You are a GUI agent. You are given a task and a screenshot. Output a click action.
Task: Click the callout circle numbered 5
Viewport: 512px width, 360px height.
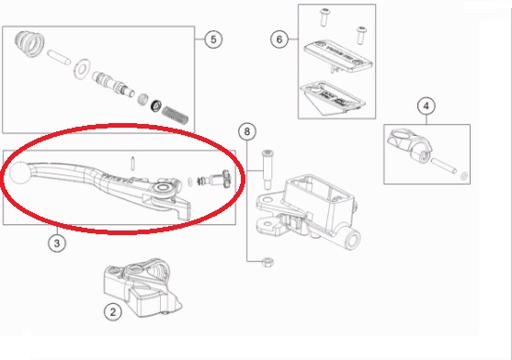(213, 39)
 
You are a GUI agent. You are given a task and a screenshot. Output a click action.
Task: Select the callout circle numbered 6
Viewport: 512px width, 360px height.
(279, 39)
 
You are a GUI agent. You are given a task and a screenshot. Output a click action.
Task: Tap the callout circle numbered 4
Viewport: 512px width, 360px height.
(427, 106)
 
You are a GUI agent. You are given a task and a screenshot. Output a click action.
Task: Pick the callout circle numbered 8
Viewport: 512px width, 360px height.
(247, 131)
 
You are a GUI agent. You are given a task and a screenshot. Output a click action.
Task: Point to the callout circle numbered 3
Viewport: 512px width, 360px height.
(57, 243)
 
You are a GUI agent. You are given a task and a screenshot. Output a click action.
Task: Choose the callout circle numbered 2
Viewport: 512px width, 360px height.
(113, 312)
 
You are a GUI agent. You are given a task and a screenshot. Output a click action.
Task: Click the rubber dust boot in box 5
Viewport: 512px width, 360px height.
(28, 43)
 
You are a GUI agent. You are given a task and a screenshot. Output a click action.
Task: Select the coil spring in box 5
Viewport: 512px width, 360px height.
(176, 115)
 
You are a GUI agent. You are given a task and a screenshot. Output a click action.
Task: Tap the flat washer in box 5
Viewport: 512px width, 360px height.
(82, 69)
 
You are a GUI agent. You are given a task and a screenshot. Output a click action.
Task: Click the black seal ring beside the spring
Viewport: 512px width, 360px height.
(156, 106)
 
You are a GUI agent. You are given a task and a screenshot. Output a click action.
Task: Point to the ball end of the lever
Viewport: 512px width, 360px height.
(20, 173)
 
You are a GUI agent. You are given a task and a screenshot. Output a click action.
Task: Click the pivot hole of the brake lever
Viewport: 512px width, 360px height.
(163, 188)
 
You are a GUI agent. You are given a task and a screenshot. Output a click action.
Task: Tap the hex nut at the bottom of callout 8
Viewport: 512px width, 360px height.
(267, 262)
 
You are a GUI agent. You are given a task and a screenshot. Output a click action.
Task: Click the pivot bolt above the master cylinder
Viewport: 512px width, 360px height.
(267, 170)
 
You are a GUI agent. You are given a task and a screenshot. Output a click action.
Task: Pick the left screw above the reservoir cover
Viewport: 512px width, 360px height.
(324, 18)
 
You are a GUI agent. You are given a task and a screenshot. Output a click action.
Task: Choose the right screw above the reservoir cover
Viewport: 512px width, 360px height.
(360, 35)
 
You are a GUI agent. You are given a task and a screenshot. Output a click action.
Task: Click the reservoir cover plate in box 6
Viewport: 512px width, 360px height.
(338, 56)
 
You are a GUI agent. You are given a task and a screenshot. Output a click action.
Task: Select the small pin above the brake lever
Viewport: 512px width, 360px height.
(132, 163)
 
